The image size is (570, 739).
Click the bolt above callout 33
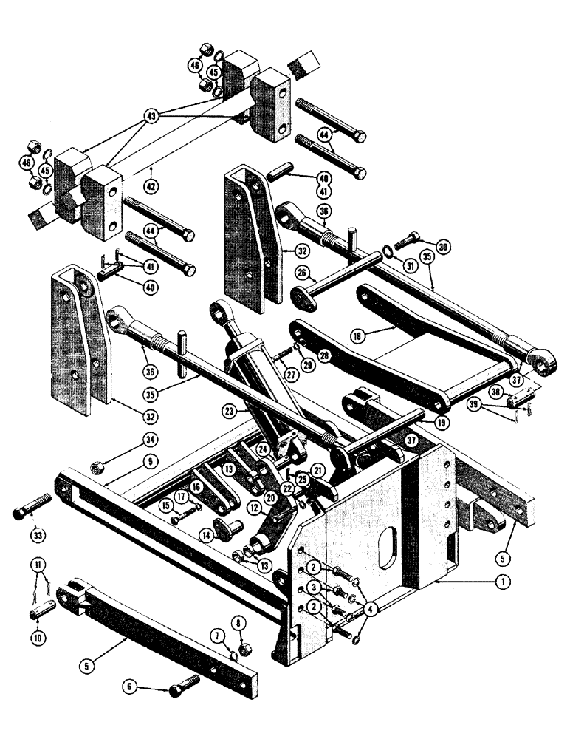tap(28, 512)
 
